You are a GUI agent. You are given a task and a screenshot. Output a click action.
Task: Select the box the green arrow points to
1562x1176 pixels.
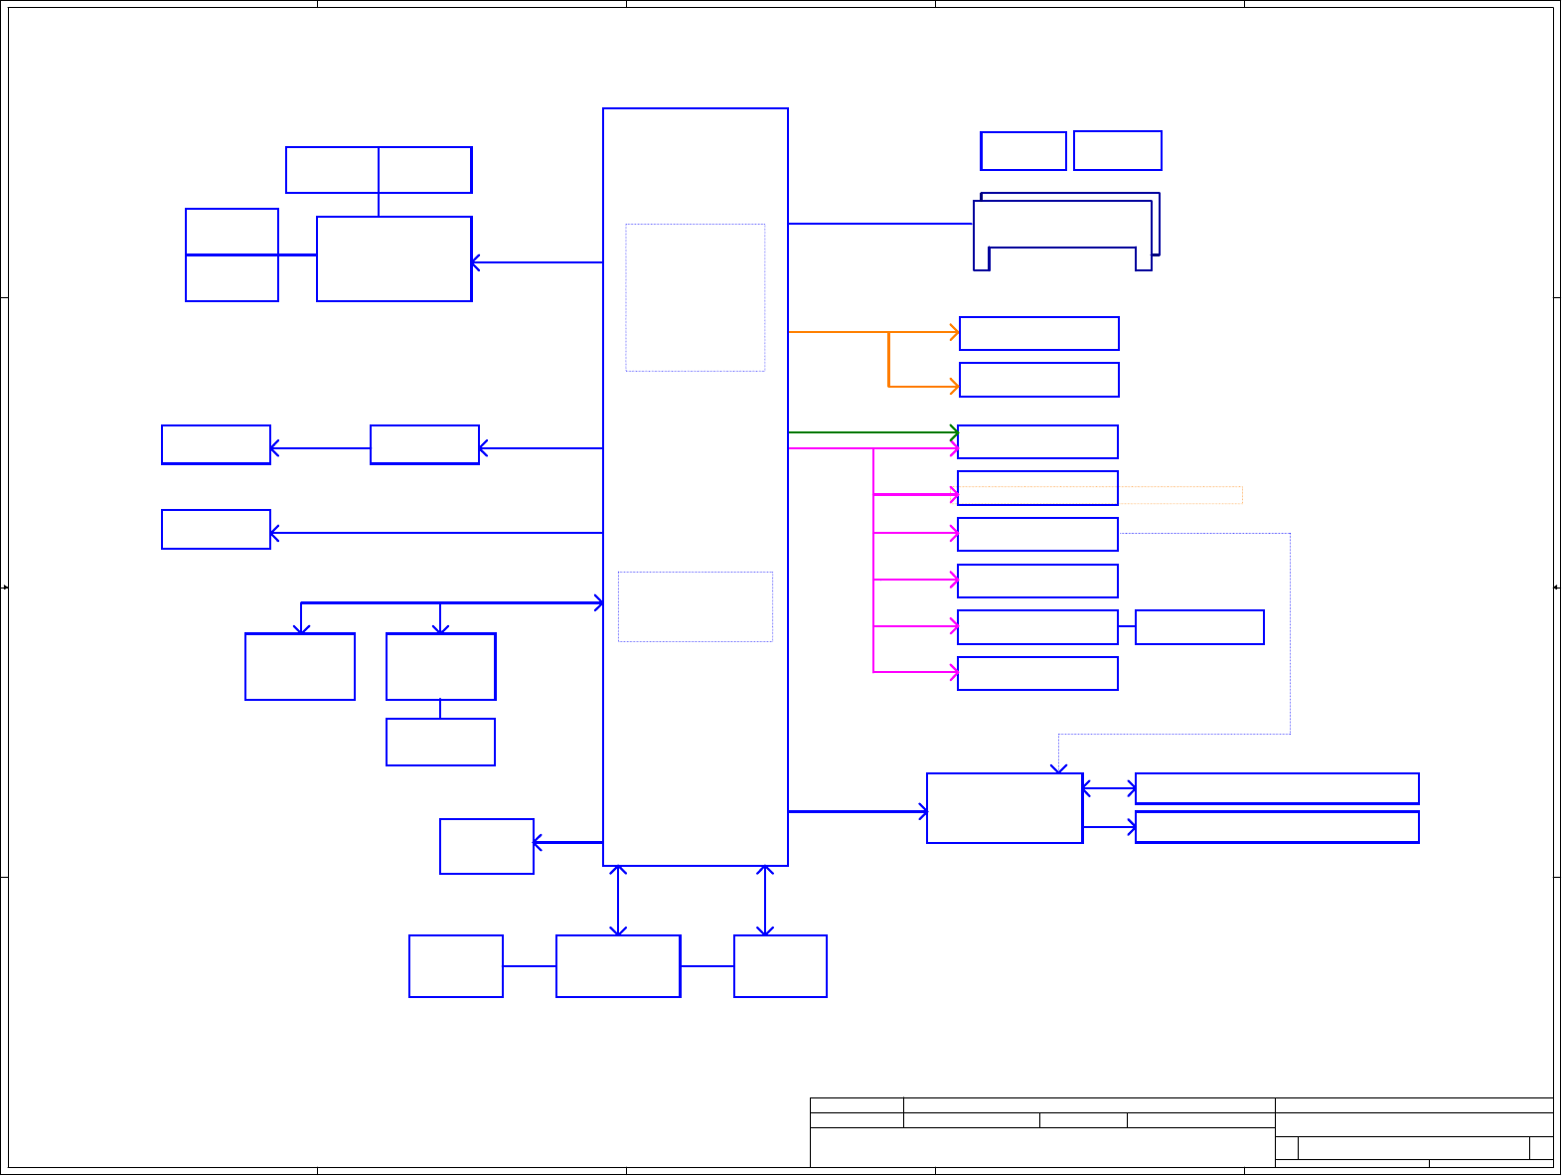(x=1037, y=441)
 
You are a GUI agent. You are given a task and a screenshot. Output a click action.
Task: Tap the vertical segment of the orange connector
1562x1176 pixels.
(x=888, y=359)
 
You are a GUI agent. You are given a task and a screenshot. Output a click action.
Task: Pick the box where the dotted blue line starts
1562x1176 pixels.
(x=1037, y=535)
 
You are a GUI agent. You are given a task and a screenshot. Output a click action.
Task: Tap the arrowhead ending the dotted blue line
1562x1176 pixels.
(x=1059, y=768)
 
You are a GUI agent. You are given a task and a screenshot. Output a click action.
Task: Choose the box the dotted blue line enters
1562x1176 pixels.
(x=1004, y=808)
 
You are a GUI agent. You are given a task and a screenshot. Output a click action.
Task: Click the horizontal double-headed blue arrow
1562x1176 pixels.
(x=1109, y=788)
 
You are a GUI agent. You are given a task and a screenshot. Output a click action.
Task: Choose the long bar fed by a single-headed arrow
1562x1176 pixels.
(x=1277, y=827)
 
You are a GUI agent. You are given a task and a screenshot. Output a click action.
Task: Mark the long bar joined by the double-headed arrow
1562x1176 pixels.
(x=1277, y=788)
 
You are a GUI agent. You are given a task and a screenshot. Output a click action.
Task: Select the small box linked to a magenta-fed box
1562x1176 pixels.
(x=1199, y=627)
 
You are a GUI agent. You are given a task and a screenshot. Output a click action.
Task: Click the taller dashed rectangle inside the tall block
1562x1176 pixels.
(x=695, y=297)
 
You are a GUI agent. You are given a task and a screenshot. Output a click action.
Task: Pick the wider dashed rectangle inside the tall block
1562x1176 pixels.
(x=695, y=606)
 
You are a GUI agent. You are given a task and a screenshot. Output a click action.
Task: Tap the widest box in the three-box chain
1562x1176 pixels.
(x=618, y=966)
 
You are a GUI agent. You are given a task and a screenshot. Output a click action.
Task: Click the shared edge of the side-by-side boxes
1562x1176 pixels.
(x=379, y=170)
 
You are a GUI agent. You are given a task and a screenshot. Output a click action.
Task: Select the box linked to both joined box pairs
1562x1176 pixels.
(x=393, y=259)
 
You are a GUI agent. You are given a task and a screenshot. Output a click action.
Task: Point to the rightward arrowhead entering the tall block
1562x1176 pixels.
(x=598, y=602)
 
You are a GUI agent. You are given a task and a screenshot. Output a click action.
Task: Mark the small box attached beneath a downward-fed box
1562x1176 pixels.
(x=440, y=743)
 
